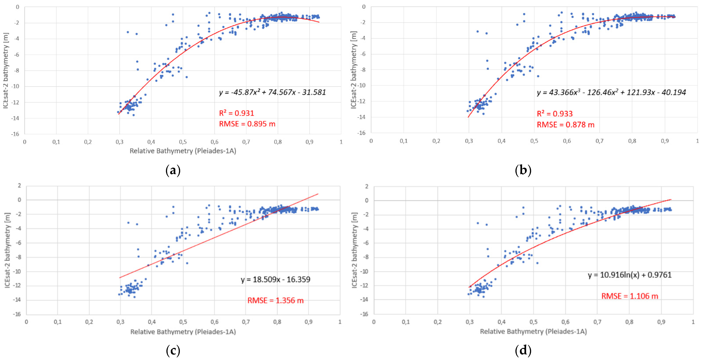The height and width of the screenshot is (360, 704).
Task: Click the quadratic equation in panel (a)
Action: [x=272, y=92]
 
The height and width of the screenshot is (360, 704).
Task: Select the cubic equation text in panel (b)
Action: [x=611, y=92]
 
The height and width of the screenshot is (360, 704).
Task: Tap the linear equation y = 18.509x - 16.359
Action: [x=275, y=279]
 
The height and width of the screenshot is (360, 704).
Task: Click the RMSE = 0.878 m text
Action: [x=565, y=125]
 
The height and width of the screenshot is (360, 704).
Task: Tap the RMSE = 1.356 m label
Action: [x=275, y=300]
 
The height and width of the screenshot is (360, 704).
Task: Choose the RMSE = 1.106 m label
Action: [x=629, y=296]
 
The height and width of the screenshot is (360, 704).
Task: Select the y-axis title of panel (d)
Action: [x=354, y=250]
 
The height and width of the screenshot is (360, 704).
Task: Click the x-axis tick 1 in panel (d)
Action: [x=693, y=322]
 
